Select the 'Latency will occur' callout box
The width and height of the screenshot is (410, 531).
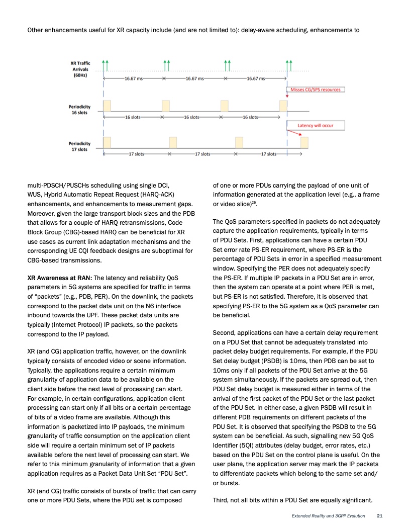315,125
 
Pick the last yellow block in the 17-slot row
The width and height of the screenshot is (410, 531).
304,143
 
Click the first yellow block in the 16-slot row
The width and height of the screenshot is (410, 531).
107,106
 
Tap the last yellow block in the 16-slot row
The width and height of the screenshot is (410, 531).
283,106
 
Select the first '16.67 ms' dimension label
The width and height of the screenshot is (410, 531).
133,79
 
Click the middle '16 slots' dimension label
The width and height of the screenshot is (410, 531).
191,117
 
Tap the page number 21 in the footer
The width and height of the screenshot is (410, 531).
380,516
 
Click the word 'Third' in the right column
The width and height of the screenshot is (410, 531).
221,500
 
